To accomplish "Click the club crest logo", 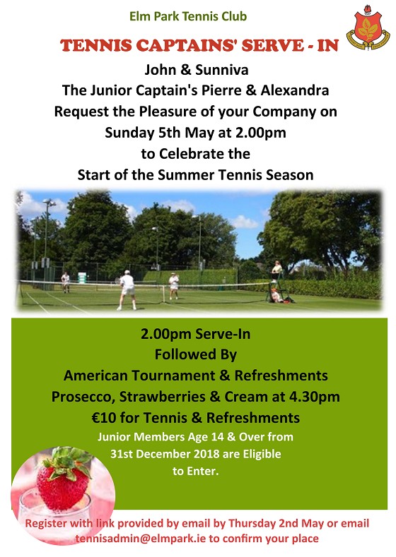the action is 368,27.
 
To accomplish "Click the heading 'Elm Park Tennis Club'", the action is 188,16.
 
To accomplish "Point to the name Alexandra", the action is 295,90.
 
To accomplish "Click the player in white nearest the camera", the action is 127,290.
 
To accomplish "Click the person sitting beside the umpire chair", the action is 275,295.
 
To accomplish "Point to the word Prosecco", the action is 83,397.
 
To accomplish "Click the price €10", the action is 104,418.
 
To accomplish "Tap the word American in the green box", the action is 95,376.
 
